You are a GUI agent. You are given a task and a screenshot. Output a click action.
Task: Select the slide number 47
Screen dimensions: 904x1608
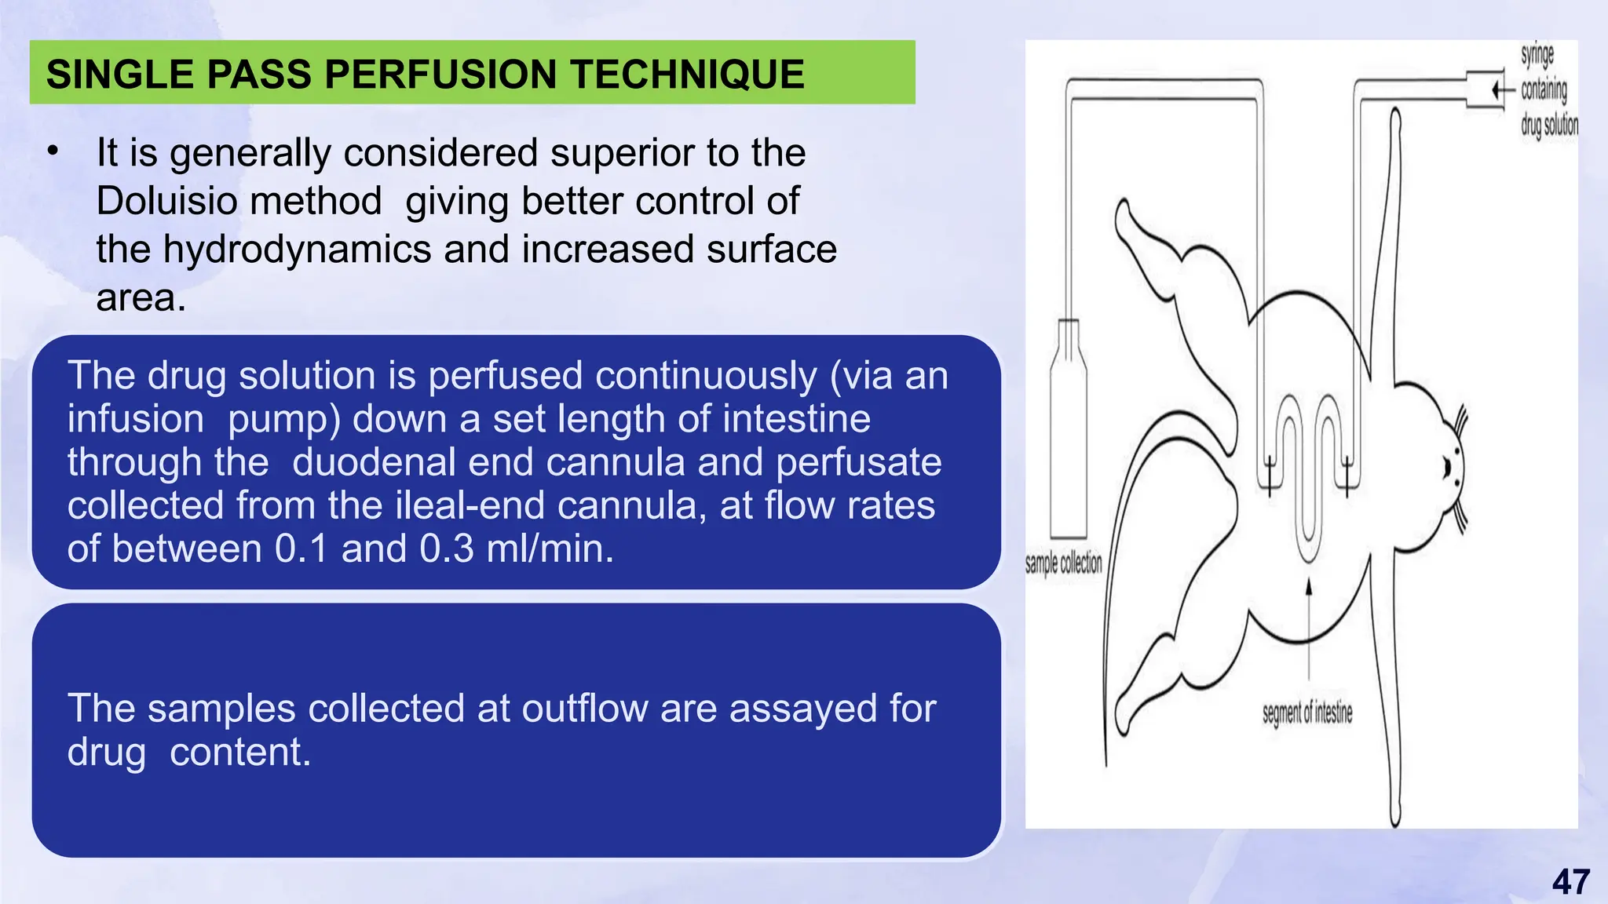coord(1570,882)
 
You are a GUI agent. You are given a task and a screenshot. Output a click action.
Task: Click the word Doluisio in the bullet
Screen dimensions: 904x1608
coord(239,201)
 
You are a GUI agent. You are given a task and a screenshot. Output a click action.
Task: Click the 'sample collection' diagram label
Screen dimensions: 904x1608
coord(1063,563)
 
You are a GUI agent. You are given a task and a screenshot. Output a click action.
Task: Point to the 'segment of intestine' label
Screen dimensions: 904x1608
coord(1307,713)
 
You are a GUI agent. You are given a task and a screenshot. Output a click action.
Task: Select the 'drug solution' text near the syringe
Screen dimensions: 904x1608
coord(1549,125)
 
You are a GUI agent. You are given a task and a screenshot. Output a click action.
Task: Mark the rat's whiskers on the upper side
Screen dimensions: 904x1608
coord(1460,424)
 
